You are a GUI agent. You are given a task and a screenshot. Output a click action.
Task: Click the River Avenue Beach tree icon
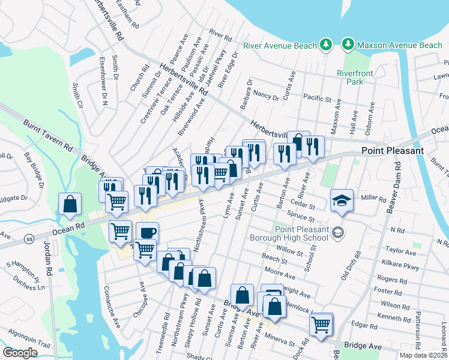tap(325, 45)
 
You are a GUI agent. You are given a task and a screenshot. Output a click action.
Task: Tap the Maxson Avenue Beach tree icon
tap(348, 44)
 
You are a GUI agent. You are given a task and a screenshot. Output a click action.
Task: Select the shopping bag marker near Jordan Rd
tap(70, 203)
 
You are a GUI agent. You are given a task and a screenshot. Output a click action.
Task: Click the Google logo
tap(20, 353)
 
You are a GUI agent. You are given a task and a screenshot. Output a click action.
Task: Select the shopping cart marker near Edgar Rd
tap(321, 325)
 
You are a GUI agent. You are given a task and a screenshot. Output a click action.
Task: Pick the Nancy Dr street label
tap(266, 95)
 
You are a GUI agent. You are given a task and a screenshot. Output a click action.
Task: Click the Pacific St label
tap(318, 98)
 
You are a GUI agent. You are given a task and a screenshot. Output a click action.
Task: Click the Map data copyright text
tap(423, 355)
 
